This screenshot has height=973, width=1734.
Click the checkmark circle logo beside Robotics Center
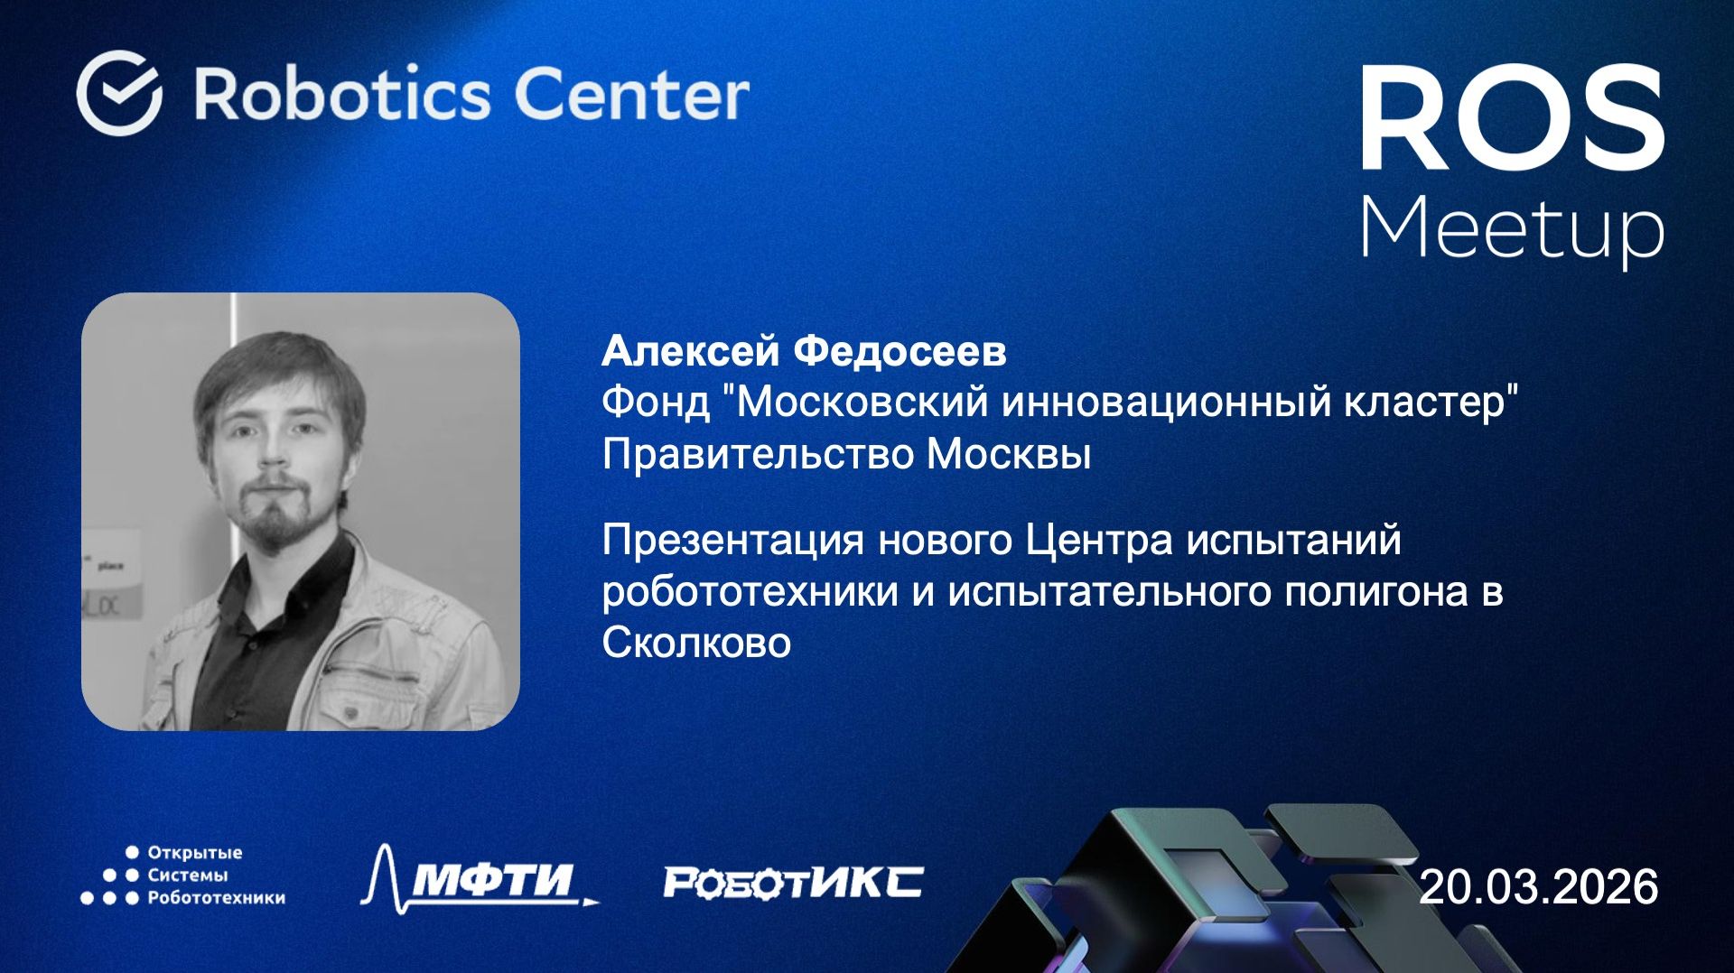pos(119,93)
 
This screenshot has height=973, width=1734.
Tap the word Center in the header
pos(631,94)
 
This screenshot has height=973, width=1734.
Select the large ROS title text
pos(1511,119)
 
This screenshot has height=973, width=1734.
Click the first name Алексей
pos(691,351)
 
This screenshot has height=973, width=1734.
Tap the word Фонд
pos(656,402)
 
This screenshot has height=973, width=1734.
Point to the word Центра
pos(1099,541)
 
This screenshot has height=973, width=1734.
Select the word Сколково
pos(696,644)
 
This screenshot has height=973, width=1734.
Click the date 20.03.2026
pos(1538,886)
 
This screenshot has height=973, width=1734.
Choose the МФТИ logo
pos(479,878)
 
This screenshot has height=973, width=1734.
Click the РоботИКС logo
pos(793,882)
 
